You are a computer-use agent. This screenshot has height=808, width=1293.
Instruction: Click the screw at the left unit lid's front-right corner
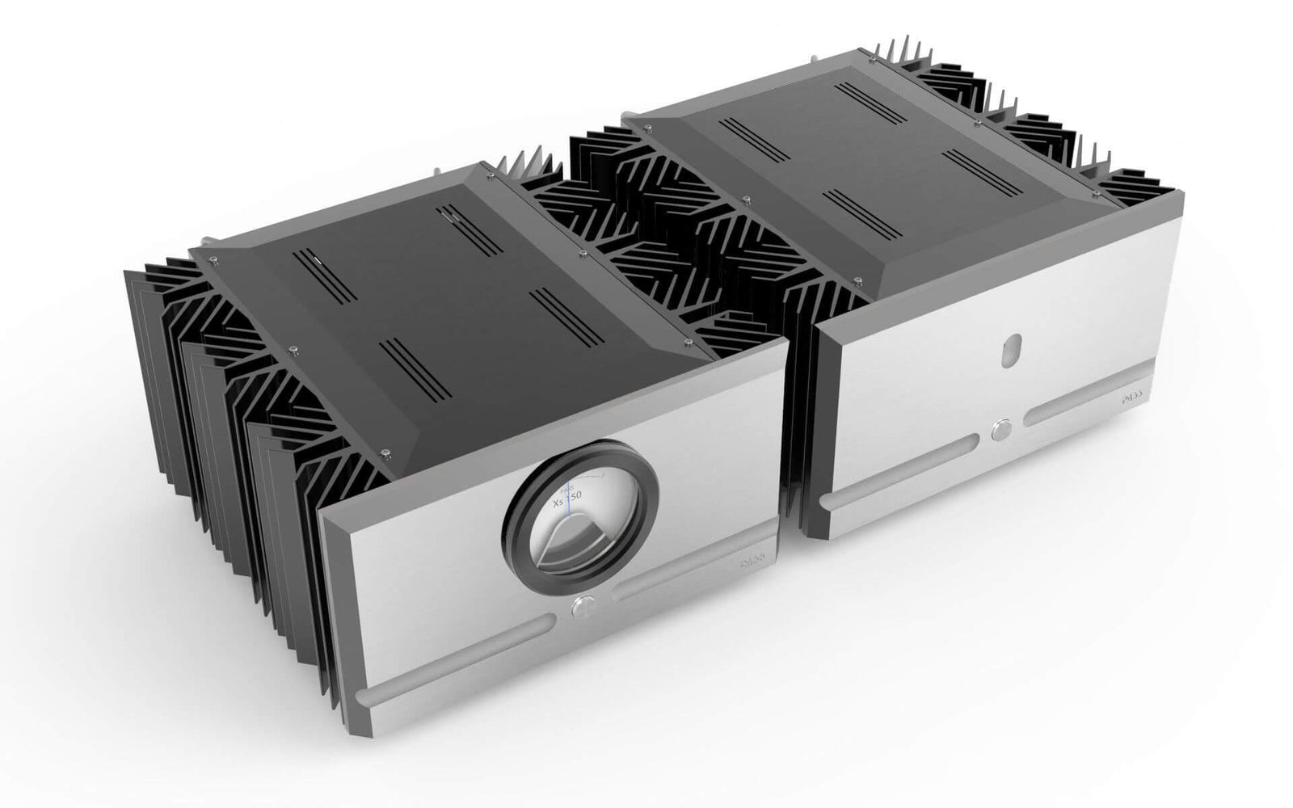point(686,343)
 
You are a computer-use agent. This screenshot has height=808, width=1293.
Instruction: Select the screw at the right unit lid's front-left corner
point(857,280)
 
